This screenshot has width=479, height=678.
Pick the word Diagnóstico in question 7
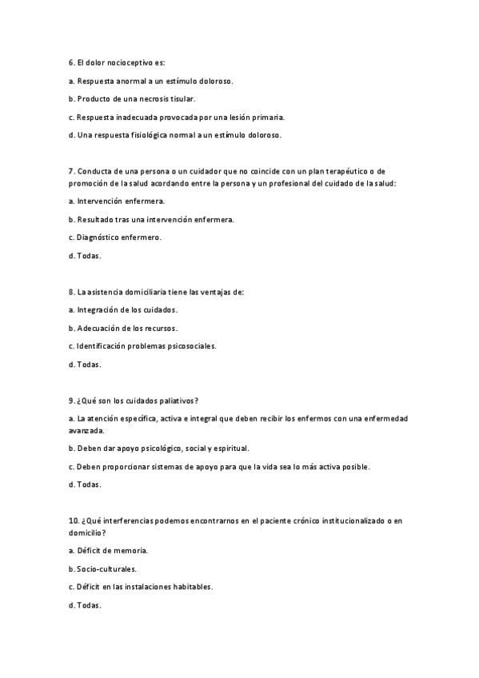tap(100, 237)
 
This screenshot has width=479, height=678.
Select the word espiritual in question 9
tap(232, 448)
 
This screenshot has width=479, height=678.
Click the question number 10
tap(73, 520)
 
